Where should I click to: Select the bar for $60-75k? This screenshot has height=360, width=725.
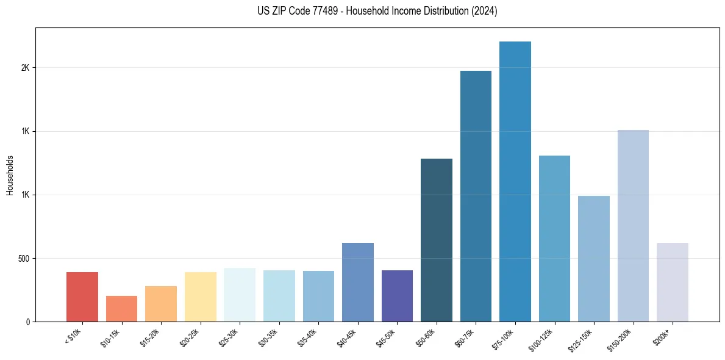476,196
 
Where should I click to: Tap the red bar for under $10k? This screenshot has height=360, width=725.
82,297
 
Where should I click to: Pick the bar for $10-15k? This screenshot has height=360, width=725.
121,309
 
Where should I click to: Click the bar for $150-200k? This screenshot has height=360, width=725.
633,226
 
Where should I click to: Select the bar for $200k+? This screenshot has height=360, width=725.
673,282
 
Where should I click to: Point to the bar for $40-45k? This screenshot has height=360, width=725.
358,282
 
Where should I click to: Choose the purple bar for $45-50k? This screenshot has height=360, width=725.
397,296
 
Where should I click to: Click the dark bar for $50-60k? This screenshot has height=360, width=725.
437,240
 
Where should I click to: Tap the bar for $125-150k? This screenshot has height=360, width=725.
594,259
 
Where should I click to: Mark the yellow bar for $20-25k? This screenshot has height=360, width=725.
201,297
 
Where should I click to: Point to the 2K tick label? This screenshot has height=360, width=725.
25,67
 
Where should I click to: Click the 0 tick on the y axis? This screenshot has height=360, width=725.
27,322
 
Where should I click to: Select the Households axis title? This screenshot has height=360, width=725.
10,175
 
